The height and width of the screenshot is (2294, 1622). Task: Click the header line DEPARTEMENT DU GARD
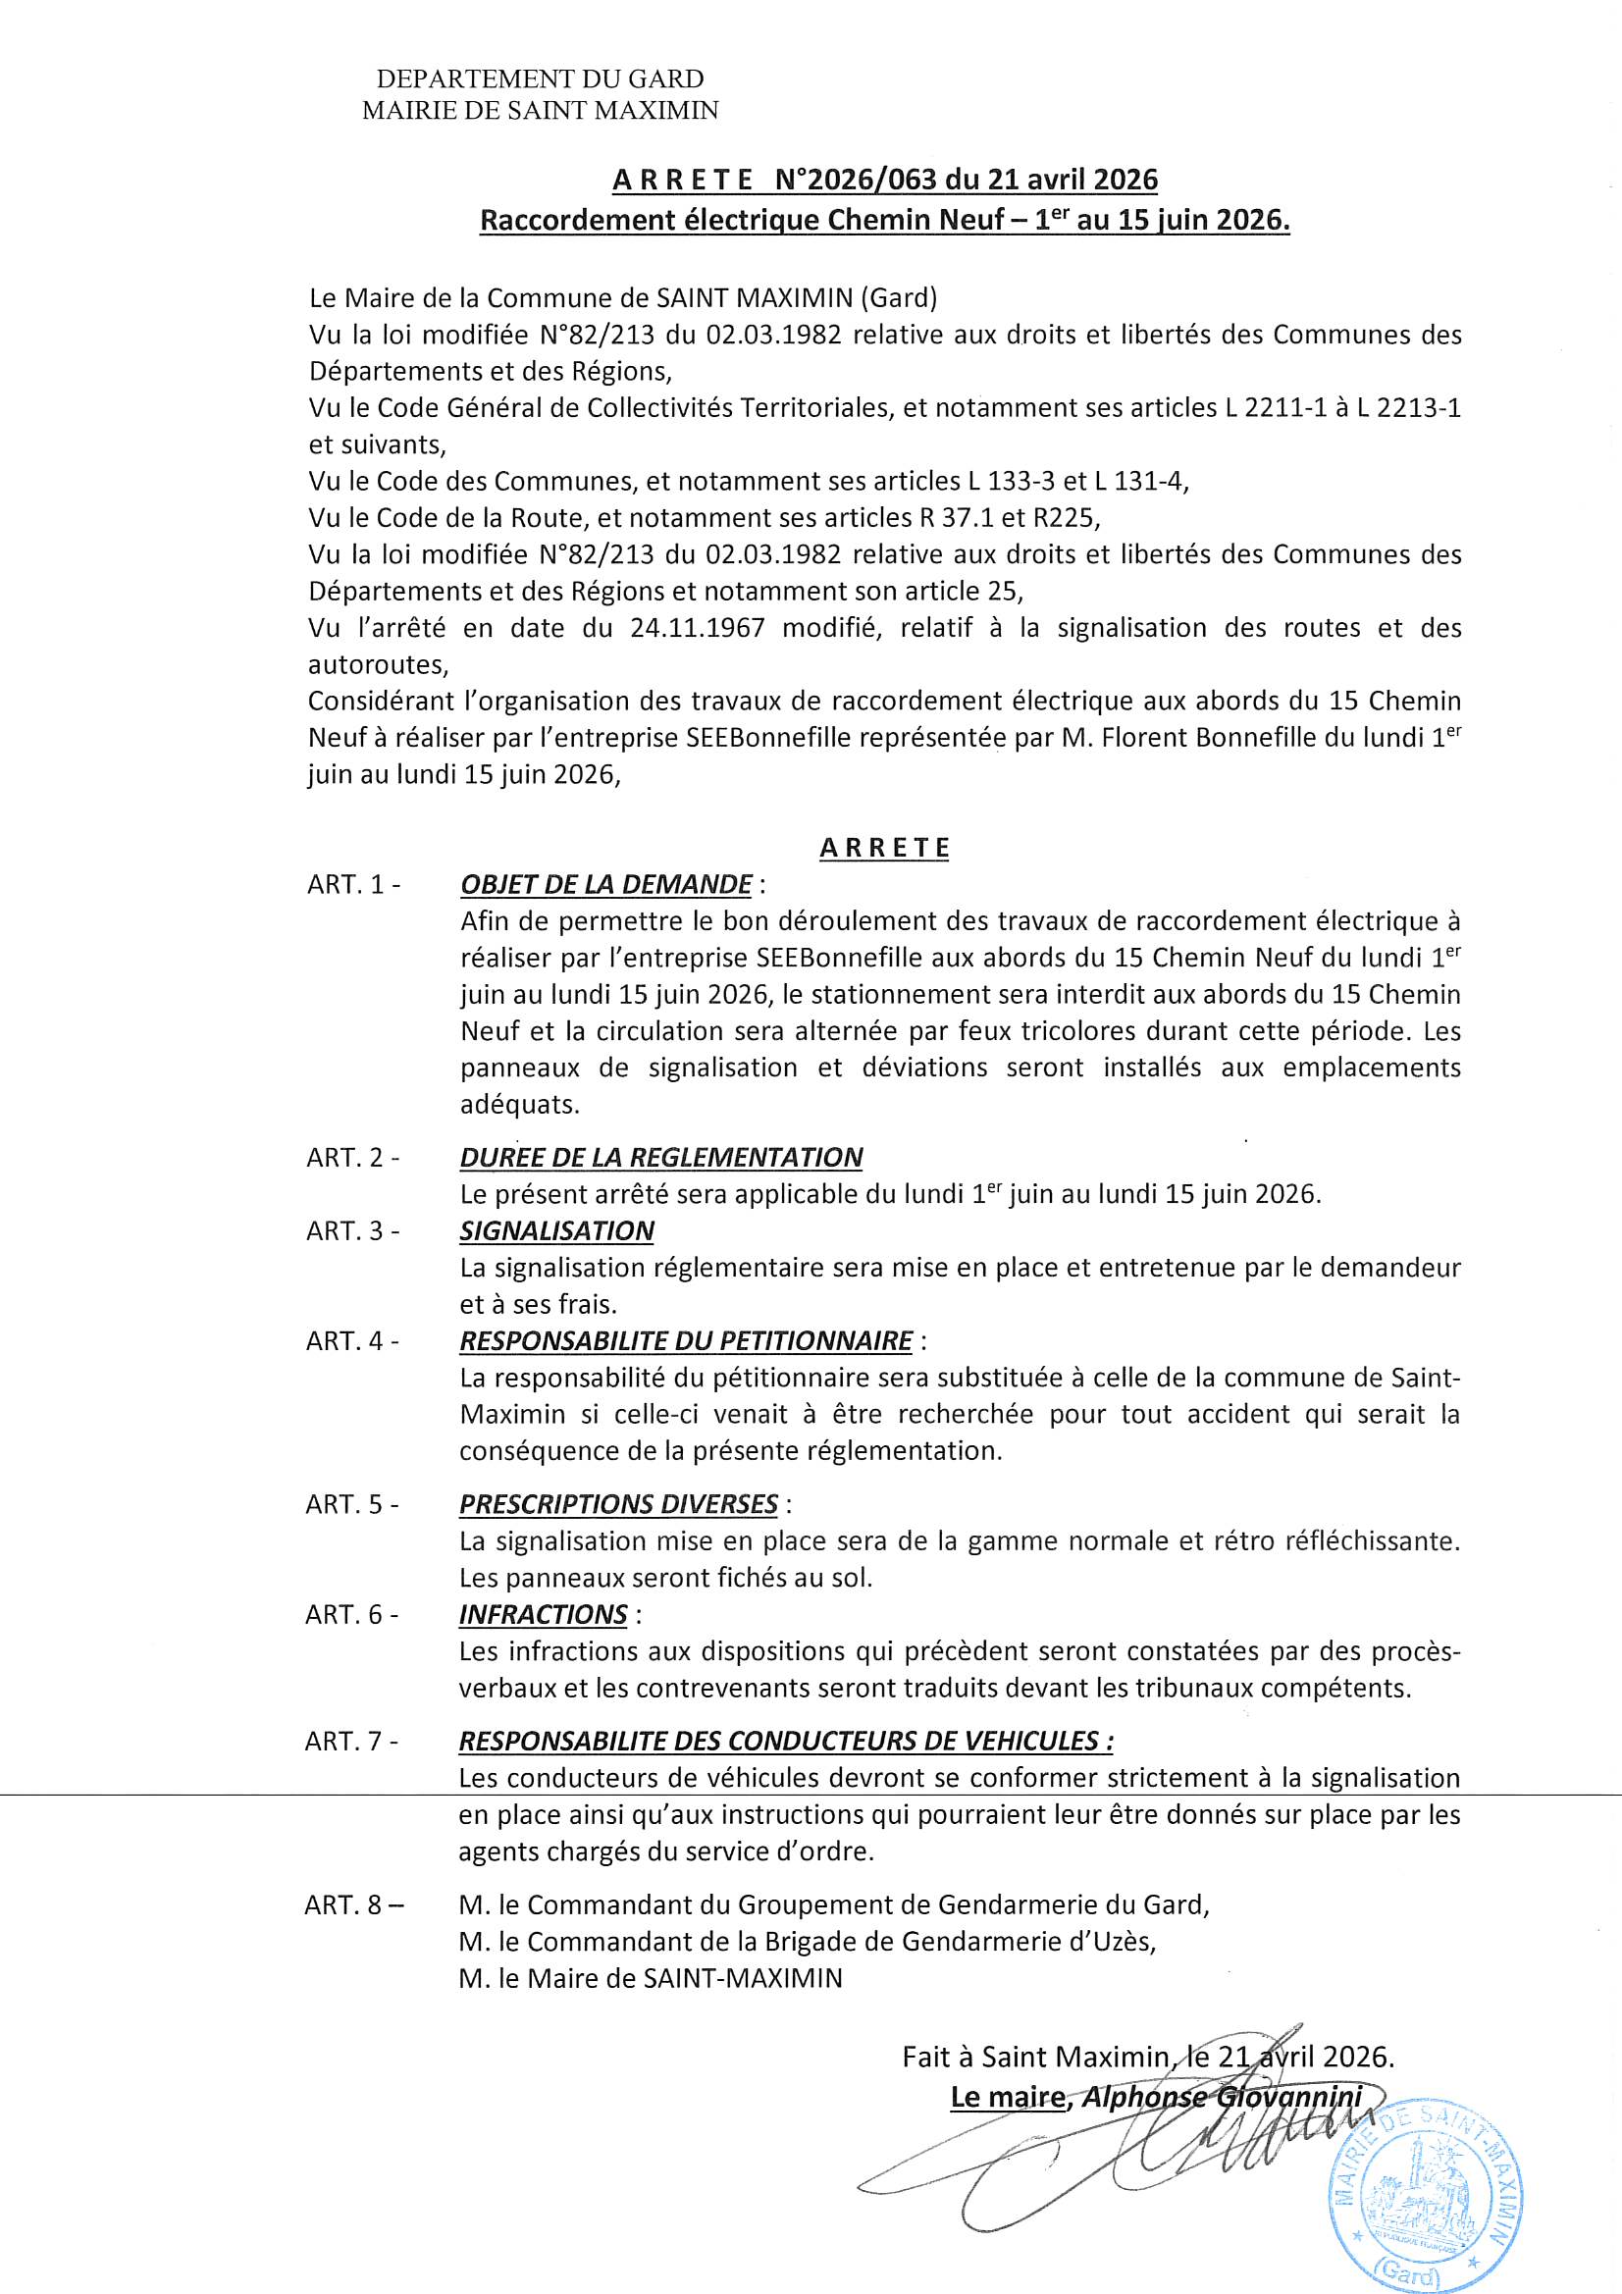coord(540,78)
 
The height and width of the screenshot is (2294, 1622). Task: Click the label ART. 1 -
coord(354,884)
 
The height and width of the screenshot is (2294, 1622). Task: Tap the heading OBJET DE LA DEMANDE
coord(605,884)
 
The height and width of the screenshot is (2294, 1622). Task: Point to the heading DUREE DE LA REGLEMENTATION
coord(660,1157)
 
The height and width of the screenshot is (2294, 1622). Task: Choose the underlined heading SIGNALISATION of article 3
coord(556,1230)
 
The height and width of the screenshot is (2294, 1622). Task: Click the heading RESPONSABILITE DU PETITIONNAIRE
coord(686,1340)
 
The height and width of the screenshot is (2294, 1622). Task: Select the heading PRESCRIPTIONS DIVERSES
coord(617,1504)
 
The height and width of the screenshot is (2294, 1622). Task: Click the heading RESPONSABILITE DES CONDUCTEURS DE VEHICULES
coord(786,1741)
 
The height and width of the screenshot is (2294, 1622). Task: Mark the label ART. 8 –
coord(355,1904)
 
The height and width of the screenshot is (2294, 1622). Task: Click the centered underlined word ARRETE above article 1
coord(884,848)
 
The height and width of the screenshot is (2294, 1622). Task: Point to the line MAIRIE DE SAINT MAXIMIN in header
coord(540,111)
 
